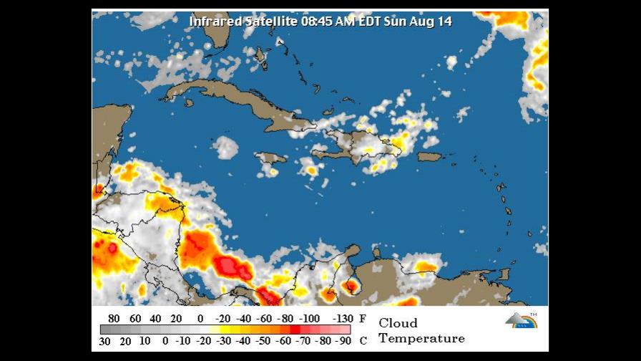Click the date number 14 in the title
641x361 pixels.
(x=444, y=21)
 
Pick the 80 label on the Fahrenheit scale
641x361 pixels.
(x=113, y=319)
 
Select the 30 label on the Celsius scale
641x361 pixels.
(x=104, y=341)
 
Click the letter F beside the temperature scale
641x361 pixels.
(x=363, y=319)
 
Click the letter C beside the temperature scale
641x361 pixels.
(x=363, y=341)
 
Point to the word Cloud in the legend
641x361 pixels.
(x=398, y=323)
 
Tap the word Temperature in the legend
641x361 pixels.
(x=421, y=338)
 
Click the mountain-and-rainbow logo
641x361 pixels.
(x=520, y=320)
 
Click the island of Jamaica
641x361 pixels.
(x=270, y=158)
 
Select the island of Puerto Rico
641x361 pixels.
(x=429, y=157)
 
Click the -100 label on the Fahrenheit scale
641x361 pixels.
(x=309, y=319)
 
